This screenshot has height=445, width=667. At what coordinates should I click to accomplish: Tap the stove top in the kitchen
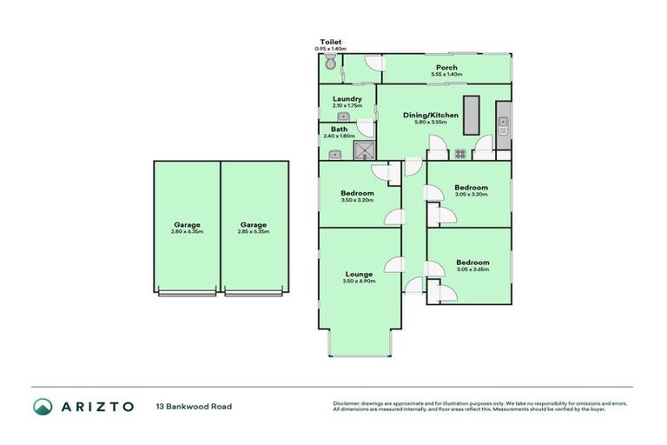tap(460, 155)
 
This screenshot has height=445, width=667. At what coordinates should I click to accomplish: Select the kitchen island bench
tap(472, 115)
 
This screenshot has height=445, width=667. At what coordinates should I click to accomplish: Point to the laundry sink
tap(343, 116)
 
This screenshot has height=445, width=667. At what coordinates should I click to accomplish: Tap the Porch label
tap(446, 68)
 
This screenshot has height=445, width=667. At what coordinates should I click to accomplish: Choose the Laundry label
tap(347, 98)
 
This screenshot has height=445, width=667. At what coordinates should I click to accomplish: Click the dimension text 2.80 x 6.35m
tap(187, 231)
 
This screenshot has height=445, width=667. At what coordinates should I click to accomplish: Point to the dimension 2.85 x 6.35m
tap(254, 231)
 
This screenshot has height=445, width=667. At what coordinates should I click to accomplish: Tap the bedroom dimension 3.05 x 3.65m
tap(472, 269)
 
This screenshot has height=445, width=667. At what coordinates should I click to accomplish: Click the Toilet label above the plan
tap(330, 42)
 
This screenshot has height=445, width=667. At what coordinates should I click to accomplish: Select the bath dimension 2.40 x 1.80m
tap(339, 136)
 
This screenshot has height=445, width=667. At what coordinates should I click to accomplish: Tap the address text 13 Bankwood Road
tap(194, 406)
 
